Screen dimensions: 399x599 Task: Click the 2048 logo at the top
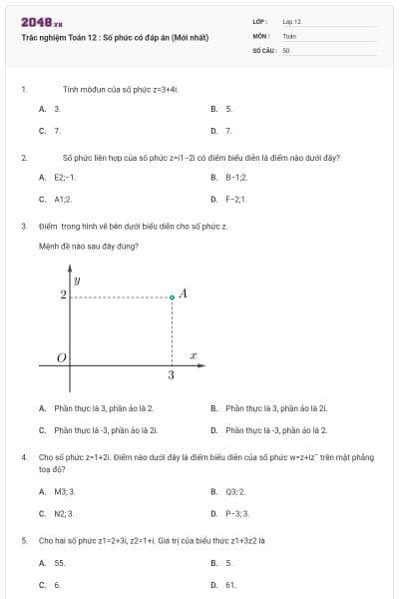click(x=42, y=21)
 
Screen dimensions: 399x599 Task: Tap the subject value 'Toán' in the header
click(x=289, y=35)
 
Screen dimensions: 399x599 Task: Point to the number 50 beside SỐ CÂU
click(x=286, y=49)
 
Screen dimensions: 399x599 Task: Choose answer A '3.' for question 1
click(x=57, y=108)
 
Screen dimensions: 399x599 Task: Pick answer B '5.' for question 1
click(x=228, y=108)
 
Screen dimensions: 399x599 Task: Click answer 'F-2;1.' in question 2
click(x=235, y=199)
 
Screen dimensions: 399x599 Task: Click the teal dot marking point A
click(x=172, y=297)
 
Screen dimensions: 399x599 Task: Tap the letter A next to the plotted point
click(x=184, y=295)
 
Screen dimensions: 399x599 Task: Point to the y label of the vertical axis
click(x=77, y=282)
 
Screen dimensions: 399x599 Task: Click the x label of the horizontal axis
click(x=193, y=355)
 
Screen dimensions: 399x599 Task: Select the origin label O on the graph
click(x=61, y=357)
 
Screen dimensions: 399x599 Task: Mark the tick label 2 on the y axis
click(x=63, y=296)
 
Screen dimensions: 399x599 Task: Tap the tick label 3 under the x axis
click(x=172, y=375)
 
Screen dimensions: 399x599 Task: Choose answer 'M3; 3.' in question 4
click(x=64, y=491)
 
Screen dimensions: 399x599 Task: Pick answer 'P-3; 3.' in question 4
click(x=236, y=513)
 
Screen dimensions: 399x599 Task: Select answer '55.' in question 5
click(x=59, y=563)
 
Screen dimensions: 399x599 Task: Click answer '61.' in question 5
click(x=230, y=585)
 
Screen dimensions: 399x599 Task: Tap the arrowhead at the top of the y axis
click(x=70, y=269)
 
